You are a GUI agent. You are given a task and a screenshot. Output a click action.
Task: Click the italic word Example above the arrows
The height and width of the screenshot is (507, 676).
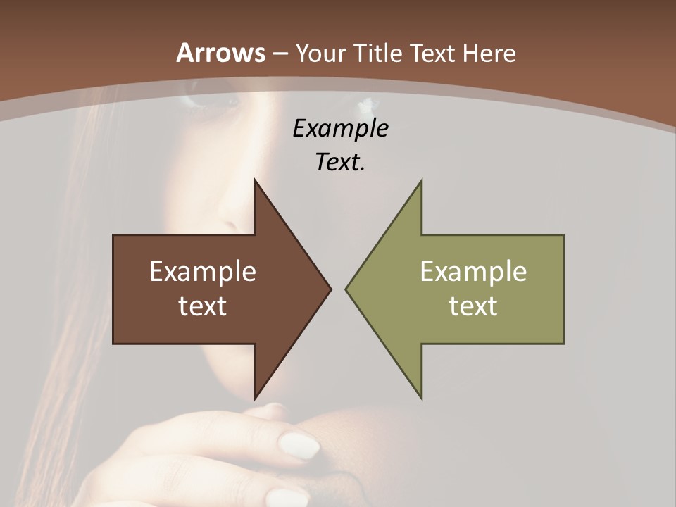coord(341,129)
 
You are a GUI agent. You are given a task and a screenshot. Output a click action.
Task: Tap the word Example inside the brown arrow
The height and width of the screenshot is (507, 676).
coord(203,272)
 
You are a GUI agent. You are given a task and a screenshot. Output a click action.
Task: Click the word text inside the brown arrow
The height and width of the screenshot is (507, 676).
coord(203,306)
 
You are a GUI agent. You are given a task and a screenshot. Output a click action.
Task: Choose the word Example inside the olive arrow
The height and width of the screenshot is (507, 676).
coord(473,272)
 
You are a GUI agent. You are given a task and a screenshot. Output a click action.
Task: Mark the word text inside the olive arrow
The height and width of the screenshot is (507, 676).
coord(473,306)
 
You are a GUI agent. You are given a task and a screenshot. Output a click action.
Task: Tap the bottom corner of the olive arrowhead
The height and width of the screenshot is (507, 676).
coord(421,398)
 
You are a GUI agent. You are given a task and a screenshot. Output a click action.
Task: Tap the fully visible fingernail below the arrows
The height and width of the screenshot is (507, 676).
coord(299,446)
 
